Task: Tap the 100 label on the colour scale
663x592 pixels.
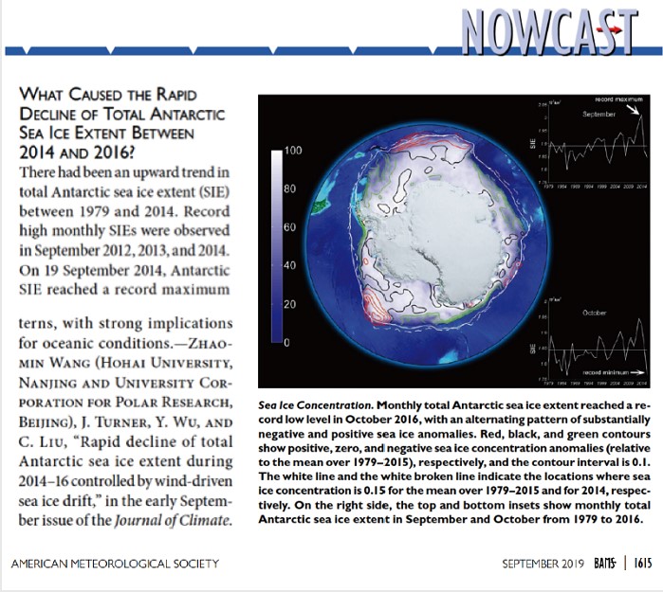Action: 292,152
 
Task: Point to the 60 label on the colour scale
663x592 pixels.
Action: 292,228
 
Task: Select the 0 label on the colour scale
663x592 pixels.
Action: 285,343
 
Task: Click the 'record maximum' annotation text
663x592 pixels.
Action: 617,99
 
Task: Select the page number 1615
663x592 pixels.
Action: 644,564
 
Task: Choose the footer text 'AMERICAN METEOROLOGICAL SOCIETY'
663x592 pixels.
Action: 115,564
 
